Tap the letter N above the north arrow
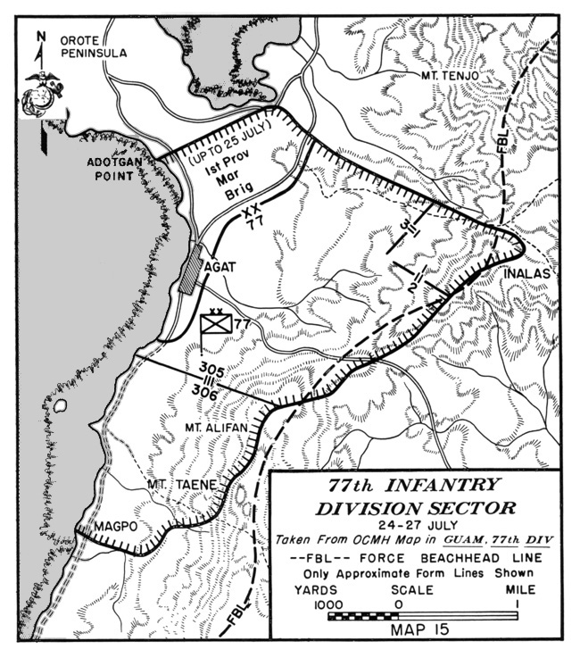pyautogui.click(x=41, y=37)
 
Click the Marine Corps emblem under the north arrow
pyautogui.click(x=41, y=94)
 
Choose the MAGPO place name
pyautogui.click(x=117, y=526)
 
